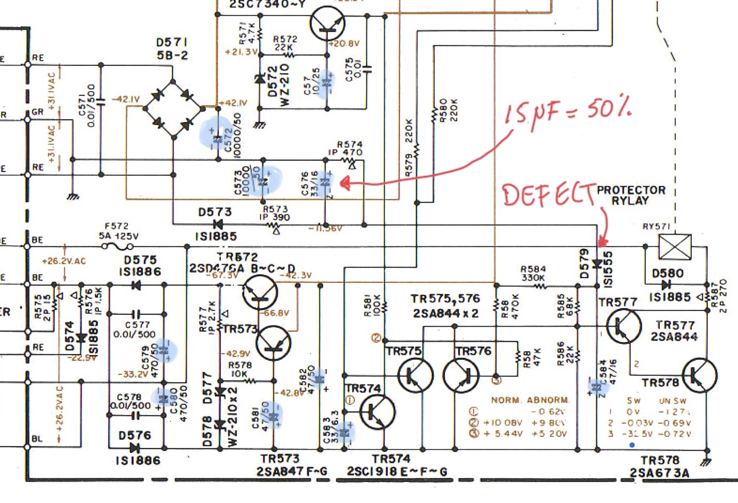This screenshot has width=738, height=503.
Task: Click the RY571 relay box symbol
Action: pos(675,247)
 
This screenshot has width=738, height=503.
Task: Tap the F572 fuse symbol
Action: pos(117,247)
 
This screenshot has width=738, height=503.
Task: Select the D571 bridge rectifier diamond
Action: pos(173,108)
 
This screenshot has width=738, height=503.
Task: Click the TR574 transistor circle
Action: pos(377,412)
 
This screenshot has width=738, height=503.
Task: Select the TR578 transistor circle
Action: pos(700,375)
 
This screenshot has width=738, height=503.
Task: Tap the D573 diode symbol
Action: pos(218,225)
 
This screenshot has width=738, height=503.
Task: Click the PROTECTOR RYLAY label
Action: pos(631,195)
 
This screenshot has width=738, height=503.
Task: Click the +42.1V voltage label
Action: pos(234,103)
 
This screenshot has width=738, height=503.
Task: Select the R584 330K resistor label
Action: pos(533,273)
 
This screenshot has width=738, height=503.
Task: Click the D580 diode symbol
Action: pos(666,284)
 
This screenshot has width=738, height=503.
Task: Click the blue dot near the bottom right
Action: pos(632,445)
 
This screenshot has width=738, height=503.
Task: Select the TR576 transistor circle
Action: pos(461,375)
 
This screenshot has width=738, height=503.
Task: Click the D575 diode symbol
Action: pos(136,285)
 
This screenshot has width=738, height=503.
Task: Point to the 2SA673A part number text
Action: pos(659,473)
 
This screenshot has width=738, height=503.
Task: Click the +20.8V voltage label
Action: pos(344,43)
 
